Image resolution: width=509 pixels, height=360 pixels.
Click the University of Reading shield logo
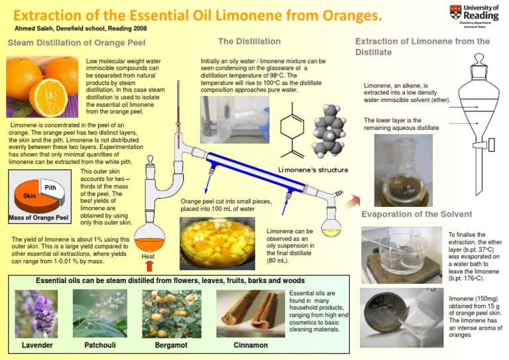455,12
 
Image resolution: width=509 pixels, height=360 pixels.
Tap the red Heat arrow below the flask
149,266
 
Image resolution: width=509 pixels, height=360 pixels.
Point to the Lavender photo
36,314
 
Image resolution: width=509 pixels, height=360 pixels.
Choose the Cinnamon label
251,345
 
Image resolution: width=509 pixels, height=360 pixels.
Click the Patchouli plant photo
99,313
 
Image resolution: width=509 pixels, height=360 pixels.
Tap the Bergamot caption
171,345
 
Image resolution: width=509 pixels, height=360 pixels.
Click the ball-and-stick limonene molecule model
328,131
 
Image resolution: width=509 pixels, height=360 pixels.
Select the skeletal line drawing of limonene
292,131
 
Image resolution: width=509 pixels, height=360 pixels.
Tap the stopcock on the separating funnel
484,145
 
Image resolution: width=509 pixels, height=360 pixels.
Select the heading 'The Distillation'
249,42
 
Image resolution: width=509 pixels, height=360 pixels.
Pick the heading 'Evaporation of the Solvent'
417,214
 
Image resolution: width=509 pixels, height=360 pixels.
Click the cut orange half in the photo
48,97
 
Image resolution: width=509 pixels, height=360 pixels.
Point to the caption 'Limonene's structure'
313,170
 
